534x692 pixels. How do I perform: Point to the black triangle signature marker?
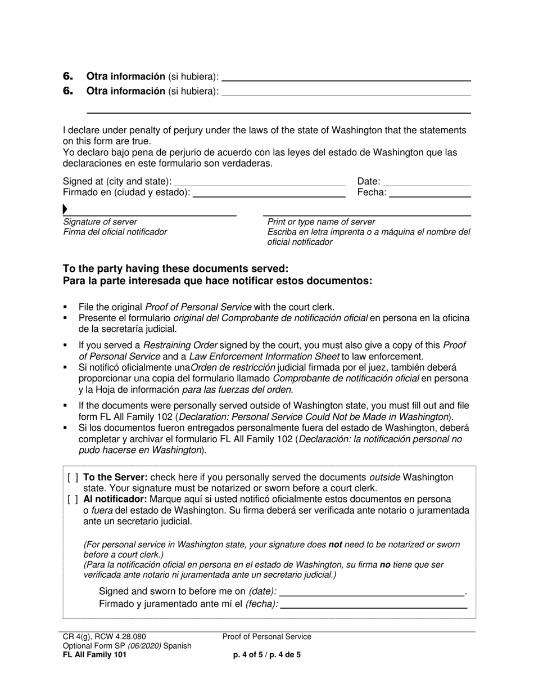pyautogui.click(x=65, y=210)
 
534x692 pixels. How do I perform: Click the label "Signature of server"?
pyautogui.click(x=99, y=222)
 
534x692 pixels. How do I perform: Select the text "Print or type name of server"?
pyautogui.click(x=321, y=222)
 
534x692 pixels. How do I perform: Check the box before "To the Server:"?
pyautogui.click(x=73, y=478)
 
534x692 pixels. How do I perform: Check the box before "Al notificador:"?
pyautogui.click(x=73, y=500)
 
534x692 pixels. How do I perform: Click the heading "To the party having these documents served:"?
pyautogui.click(x=175, y=268)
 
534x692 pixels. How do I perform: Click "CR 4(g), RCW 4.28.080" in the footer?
pyautogui.click(x=104, y=637)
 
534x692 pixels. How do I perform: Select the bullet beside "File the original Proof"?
pyautogui.click(x=66, y=307)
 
